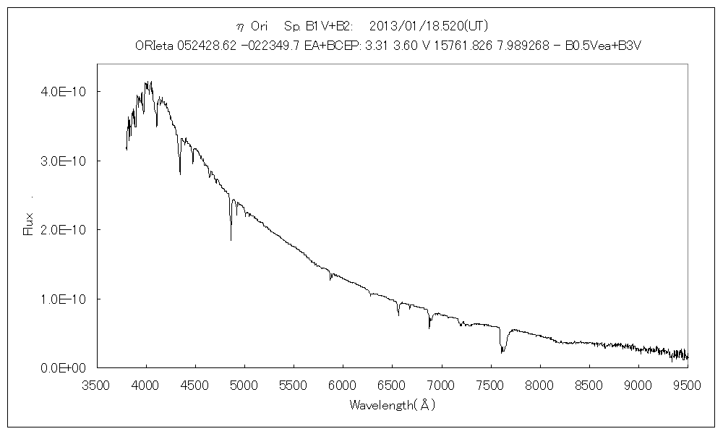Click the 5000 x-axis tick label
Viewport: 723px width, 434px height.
pos(244,386)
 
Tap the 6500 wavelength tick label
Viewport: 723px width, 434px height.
pos(392,386)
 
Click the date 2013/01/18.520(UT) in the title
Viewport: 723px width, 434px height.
pos(429,26)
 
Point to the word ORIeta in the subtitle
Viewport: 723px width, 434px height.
pos(153,46)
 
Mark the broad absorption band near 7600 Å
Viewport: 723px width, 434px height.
pos(502,346)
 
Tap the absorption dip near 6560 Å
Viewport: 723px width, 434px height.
pos(398,312)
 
